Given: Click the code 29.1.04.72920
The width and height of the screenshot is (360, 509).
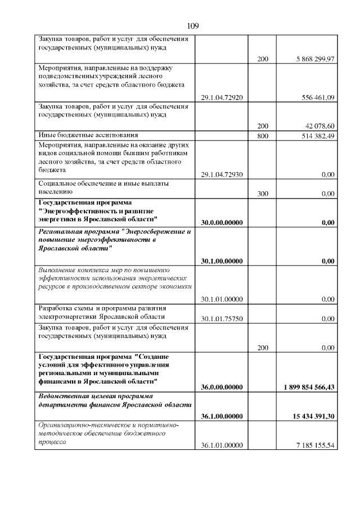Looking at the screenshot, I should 222,97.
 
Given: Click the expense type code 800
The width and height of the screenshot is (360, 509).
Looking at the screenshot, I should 263,136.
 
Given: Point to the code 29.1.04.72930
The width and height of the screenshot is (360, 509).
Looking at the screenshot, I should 222,174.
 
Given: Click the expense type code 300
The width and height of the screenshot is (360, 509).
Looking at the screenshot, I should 263,193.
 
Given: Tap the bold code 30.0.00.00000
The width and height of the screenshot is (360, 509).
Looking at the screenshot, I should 222,222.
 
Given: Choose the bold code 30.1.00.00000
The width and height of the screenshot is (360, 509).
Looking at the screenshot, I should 222,261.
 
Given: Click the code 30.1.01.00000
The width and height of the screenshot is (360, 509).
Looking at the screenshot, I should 222,299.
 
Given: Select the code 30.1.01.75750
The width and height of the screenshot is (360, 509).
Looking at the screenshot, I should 222,319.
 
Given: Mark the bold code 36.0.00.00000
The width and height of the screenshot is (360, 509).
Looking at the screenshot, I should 222,386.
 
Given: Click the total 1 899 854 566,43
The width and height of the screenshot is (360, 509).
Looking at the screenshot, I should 307,386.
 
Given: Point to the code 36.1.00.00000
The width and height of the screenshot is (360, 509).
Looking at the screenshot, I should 222,416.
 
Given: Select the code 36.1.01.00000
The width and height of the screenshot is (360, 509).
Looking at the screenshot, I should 222,445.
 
